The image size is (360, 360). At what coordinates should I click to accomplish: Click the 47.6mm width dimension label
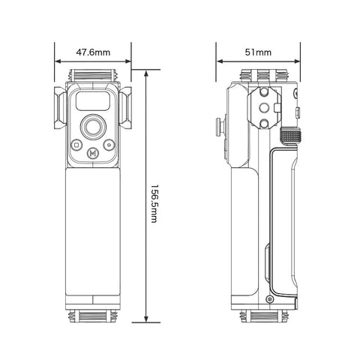pos(93,52)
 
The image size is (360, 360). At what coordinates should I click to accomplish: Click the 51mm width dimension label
pos(259,52)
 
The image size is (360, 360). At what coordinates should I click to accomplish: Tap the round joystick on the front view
pos(93,125)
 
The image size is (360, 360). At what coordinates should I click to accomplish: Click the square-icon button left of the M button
pos(76,145)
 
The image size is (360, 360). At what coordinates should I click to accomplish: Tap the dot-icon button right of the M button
pos(109,145)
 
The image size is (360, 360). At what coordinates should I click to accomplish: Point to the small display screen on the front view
pos(93,103)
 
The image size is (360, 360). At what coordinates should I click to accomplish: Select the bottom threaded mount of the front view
pos(93,316)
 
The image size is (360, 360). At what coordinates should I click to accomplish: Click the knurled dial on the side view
pos(290,136)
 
